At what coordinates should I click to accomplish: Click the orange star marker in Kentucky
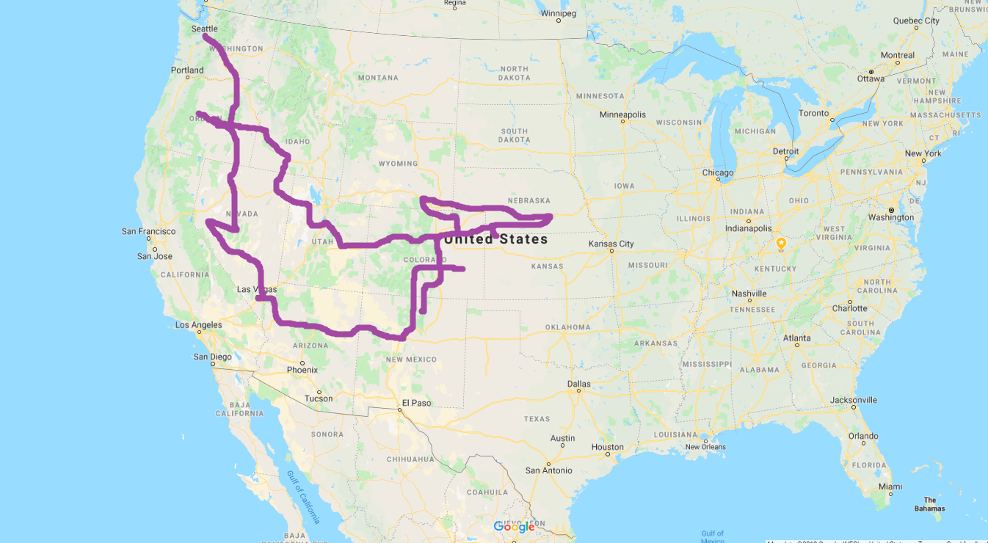click(x=781, y=243)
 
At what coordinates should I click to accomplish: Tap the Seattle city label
click(x=204, y=29)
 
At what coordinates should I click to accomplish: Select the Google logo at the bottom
click(x=514, y=527)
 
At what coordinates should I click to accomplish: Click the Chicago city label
click(x=717, y=173)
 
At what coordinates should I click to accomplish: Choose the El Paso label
click(x=416, y=403)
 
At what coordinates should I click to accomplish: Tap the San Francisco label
click(x=148, y=231)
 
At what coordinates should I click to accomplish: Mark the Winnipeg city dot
click(x=558, y=21)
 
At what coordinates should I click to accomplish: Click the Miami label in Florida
click(x=890, y=486)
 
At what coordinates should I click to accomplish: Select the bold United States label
click(x=496, y=239)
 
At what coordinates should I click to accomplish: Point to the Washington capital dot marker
click(x=891, y=211)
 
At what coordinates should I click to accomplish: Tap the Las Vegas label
click(x=256, y=289)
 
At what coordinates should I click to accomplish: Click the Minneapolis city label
click(x=622, y=114)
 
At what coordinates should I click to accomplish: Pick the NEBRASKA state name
click(x=528, y=200)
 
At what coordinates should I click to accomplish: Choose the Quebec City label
click(x=916, y=21)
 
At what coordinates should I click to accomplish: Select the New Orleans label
click(x=705, y=447)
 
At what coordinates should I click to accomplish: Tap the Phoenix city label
click(x=302, y=370)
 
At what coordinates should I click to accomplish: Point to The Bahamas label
click(x=929, y=504)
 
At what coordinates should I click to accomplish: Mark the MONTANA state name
click(x=378, y=78)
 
